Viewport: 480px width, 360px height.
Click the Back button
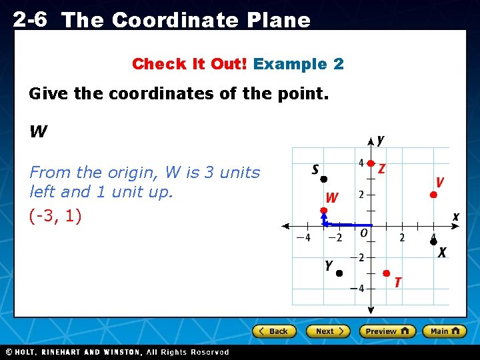coord(273,331)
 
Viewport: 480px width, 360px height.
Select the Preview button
coord(387,331)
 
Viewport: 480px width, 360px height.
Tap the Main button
coord(445,331)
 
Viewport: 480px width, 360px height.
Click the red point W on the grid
coord(324,211)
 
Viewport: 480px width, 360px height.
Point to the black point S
coord(323,179)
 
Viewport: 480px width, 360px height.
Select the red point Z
coord(371,163)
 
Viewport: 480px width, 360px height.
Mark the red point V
coord(433,195)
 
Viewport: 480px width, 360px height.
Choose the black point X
coord(433,242)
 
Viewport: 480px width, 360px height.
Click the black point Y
coord(339,273)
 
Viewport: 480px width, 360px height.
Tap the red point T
coord(386,273)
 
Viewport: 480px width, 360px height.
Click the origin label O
coord(363,233)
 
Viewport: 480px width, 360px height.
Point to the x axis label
coord(456,217)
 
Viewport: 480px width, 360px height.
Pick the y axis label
coord(380,140)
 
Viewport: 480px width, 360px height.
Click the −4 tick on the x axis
coord(303,238)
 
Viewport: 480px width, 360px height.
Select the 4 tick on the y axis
coord(361,163)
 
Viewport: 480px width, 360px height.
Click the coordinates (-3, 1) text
coord(55,217)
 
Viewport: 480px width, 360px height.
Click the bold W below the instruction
coord(38,132)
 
